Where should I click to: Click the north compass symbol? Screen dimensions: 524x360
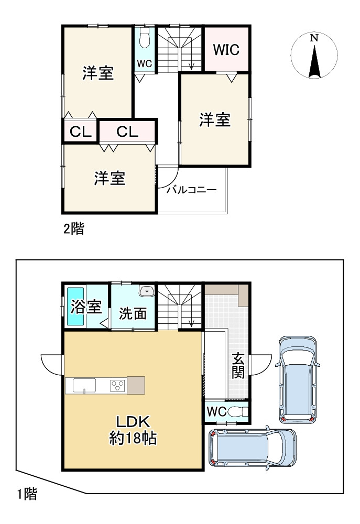click(313, 56)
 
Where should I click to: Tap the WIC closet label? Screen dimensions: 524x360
click(226, 50)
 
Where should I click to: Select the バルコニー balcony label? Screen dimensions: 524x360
click(191, 190)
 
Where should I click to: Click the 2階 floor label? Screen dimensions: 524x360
click(73, 229)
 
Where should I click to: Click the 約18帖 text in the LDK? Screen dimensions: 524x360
click(134, 438)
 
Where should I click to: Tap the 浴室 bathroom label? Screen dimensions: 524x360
click(86, 307)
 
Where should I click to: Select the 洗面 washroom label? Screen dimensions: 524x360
click(133, 313)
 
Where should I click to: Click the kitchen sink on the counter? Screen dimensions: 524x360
click(84, 387)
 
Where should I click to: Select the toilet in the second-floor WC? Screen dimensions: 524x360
click(145, 39)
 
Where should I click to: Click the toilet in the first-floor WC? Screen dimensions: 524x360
click(238, 412)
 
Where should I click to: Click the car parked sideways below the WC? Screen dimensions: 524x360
click(252, 449)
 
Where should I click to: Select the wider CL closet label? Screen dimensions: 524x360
click(127, 132)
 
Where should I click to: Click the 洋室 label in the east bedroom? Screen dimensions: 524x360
click(214, 120)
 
